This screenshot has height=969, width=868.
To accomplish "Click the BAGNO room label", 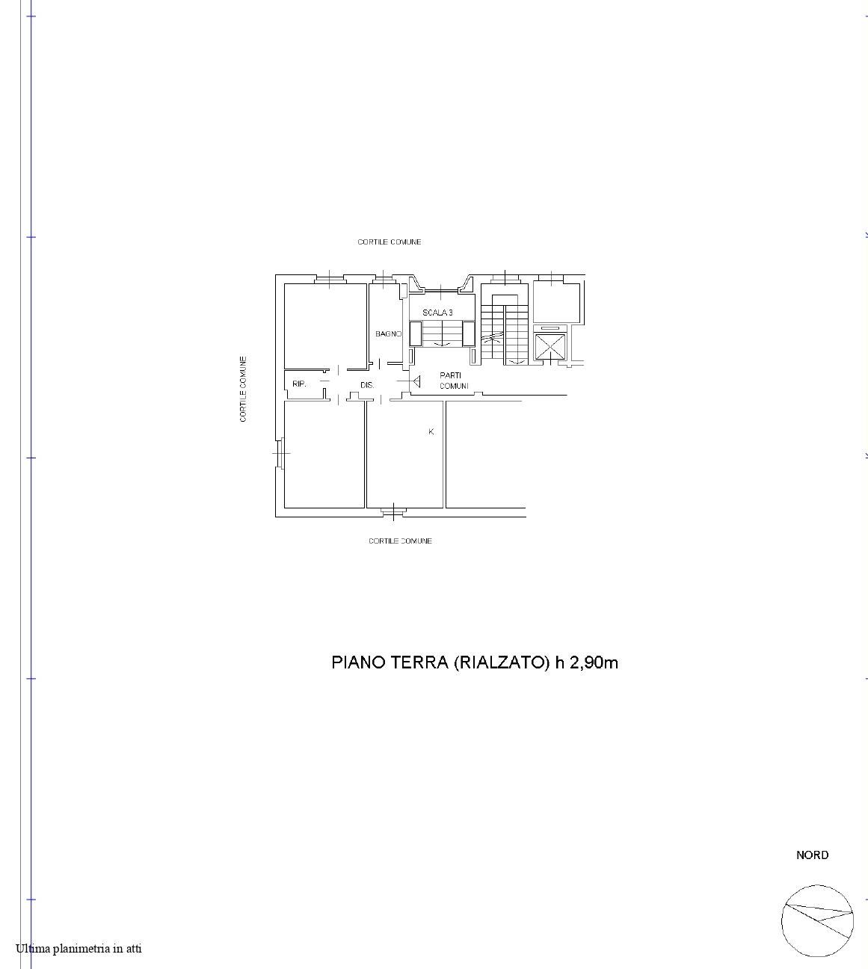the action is pos(388,333).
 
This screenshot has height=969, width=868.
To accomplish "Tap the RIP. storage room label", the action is pos(299,384).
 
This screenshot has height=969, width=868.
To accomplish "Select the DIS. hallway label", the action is pos(367,385).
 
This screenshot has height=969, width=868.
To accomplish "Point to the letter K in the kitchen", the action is pos(431,432).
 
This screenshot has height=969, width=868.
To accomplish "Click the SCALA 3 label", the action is pos(437,313).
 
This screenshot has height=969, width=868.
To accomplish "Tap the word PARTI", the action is pos(450,375).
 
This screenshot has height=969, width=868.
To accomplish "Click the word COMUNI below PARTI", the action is pos(454,386).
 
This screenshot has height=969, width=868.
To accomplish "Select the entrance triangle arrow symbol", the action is pos(416,381).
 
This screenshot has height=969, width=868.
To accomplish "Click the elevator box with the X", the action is pos(550,347).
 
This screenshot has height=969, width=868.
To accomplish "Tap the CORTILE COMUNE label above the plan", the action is pos(390,242).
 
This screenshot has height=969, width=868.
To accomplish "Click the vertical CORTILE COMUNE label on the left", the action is pos(243,389).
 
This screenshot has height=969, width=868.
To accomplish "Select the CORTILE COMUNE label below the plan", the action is pos(400,541).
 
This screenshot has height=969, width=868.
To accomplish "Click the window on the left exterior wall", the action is pos(280,452).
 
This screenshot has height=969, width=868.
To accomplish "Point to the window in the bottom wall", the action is pos(393,511).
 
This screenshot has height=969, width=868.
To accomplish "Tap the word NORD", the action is pos(812,855).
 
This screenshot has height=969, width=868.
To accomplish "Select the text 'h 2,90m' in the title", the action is pos(586,662).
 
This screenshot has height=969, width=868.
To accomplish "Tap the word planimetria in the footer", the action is pos(81,948).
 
